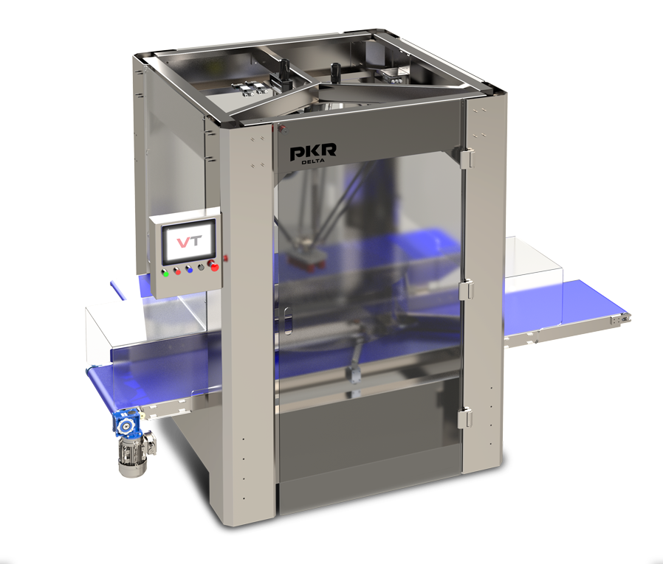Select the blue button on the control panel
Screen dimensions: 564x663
pos(189,269)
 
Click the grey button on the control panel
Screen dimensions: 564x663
pos(201,267)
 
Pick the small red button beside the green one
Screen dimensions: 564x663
pos(177,271)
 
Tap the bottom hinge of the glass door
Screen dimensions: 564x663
pos(464,417)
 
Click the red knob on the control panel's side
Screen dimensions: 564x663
pos(225,257)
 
